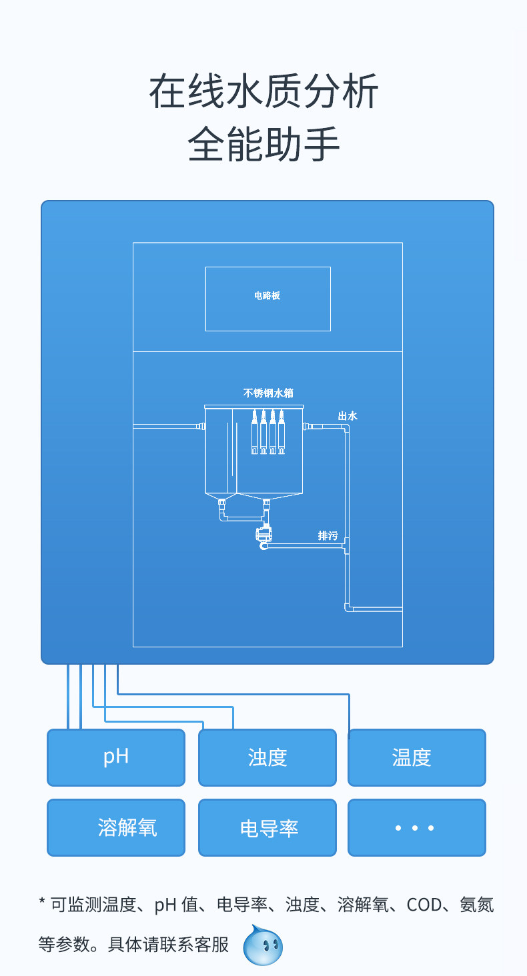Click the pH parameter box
(115, 757)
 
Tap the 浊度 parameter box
(267, 757)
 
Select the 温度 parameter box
(416, 757)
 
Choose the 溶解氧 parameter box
(115, 827)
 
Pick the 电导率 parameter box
(267, 827)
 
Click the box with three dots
(416, 827)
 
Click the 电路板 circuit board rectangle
(268, 299)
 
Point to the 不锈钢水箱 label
(268, 393)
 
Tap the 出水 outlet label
(347, 416)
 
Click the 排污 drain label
(328, 535)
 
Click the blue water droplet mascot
(263, 945)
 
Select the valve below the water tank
(265, 535)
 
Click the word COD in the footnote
(424, 905)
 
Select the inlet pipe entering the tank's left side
(167, 426)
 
